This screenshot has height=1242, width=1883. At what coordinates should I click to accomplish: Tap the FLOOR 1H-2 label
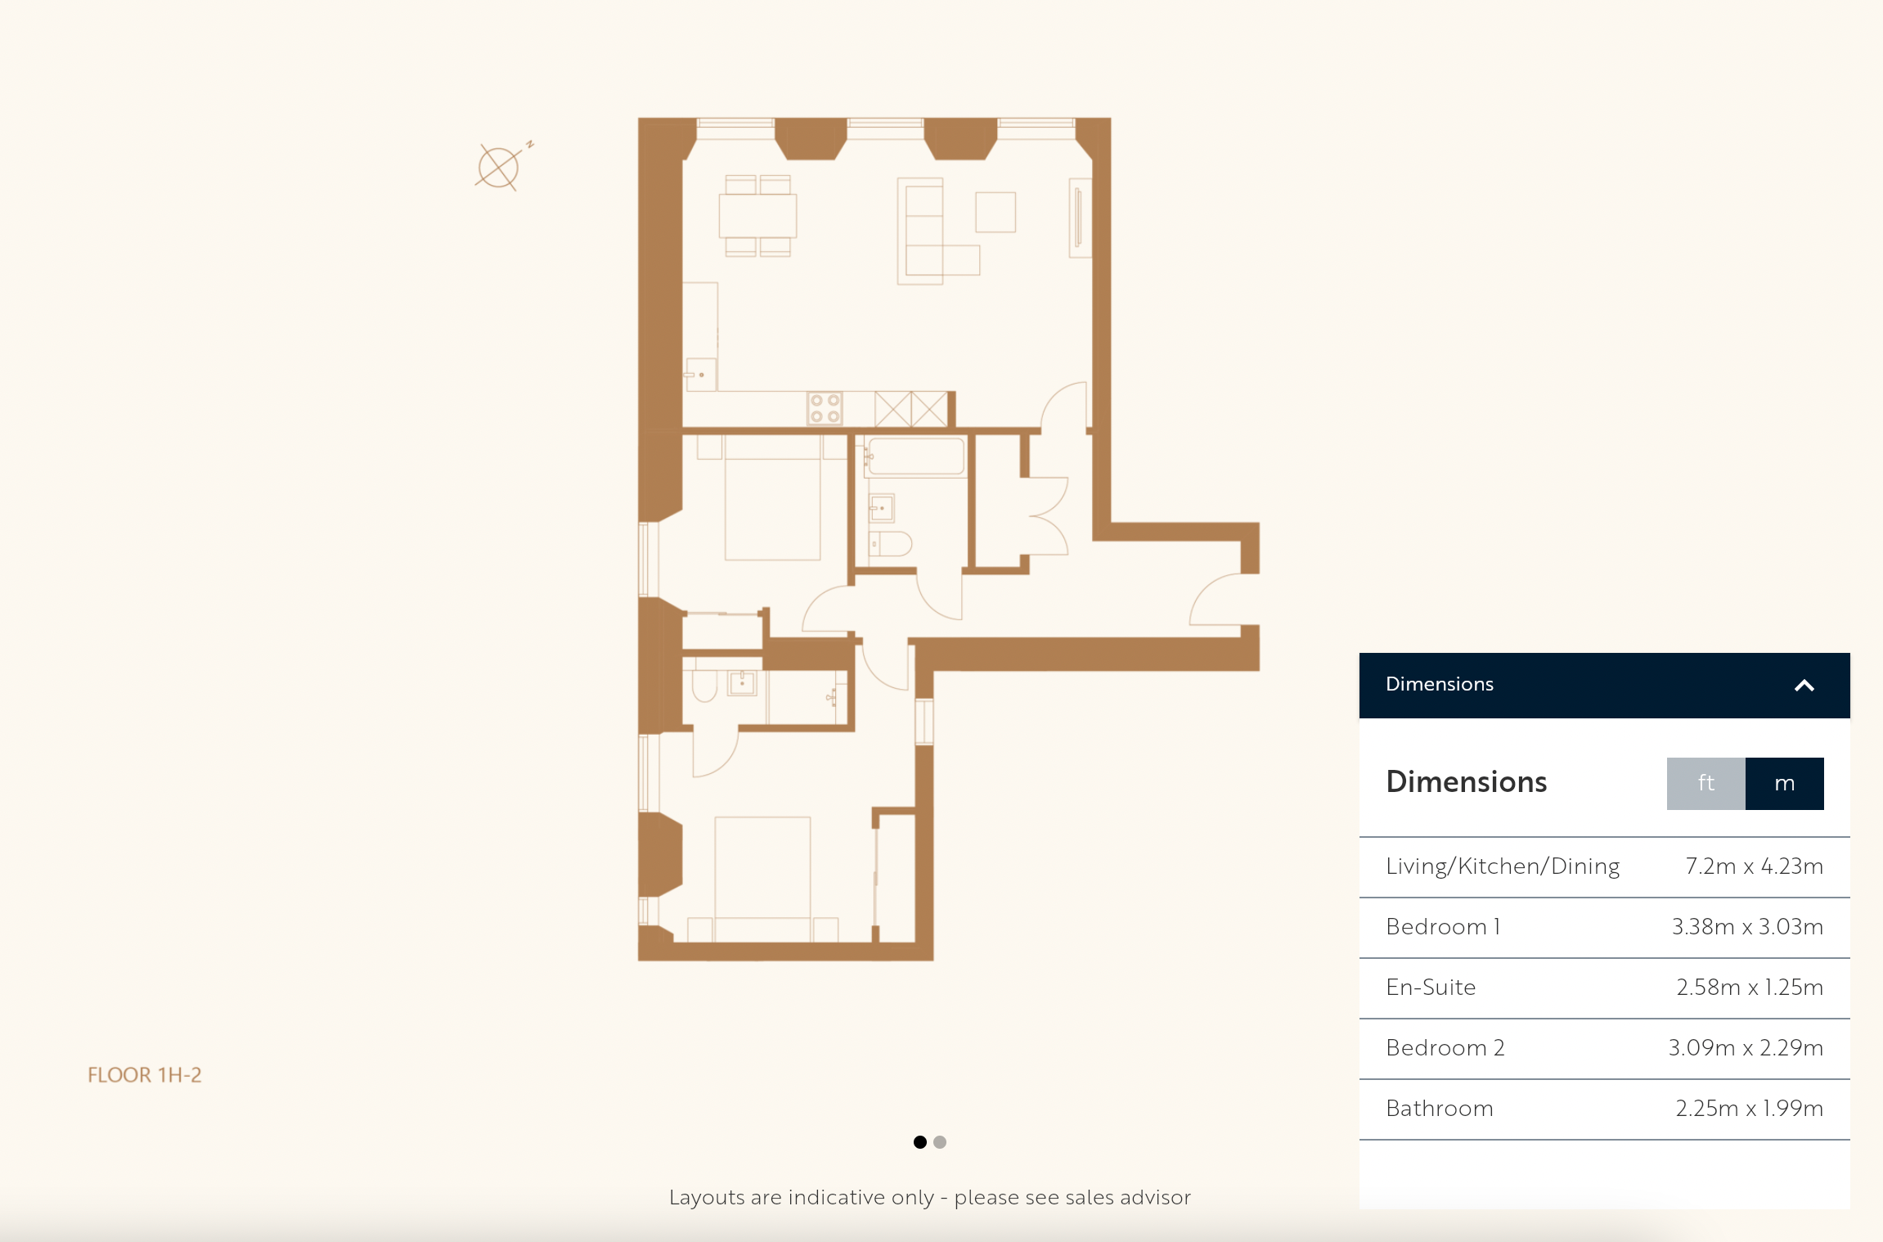[x=145, y=1075]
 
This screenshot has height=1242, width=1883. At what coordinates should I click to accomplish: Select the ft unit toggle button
[x=1705, y=783]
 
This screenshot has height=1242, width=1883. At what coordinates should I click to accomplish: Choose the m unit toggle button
[x=1785, y=783]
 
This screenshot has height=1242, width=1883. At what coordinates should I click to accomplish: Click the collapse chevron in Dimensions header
[x=1804, y=686]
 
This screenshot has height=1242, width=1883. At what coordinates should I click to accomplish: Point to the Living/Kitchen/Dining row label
[x=1503, y=866]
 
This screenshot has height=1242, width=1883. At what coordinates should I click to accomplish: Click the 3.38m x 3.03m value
[x=1747, y=927]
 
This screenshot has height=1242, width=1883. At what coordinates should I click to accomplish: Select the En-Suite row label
[x=1431, y=988]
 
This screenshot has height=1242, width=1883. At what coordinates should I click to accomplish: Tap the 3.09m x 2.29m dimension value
[x=1746, y=1048]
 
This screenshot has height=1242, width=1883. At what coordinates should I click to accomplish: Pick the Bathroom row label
[x=1440, y=1109]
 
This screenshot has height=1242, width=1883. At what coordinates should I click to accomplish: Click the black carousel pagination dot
[x=920, y=1142]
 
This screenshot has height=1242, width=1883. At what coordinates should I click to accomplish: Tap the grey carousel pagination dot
[x=940, y=1142]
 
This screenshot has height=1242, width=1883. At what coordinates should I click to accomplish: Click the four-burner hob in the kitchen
[x=825, y=408]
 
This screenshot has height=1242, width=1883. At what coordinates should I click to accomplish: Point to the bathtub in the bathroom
[x=916, y=457]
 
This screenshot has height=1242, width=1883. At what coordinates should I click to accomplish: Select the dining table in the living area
[x=757, y=215]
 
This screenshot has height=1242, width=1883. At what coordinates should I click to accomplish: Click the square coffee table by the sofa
[x=995, y=212]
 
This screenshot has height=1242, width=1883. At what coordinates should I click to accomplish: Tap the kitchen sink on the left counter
[x=701, y=374]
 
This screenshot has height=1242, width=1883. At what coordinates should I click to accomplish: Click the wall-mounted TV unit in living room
[x=1080, y=218]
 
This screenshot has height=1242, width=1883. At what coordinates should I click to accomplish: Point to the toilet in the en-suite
[x=704, y=686]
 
